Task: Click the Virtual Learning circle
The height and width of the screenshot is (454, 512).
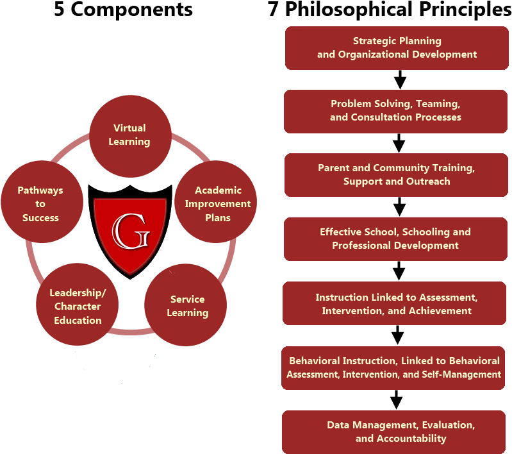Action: (130, 136)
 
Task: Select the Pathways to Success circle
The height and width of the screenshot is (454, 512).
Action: (42, 201)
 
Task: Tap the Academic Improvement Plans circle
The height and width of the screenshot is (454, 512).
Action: (215, 201)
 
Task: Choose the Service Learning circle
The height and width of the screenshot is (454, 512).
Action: (185, 305)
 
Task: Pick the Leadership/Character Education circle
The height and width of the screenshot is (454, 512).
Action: (77, 305)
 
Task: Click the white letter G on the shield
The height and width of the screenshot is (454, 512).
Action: (131, 231)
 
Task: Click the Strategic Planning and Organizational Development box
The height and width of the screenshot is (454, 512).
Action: (397, 48)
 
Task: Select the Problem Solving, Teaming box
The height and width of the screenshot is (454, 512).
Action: (395, 112)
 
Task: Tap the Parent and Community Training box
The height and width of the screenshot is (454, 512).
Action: (396, 175)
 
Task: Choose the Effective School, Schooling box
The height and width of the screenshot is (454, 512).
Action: (395, 239)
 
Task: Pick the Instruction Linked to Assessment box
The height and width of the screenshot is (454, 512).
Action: (395, 303)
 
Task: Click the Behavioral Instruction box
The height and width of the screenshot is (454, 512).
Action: (393, 368)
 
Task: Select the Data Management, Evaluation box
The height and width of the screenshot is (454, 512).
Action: (394, 432)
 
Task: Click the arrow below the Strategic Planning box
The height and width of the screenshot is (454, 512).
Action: (400, 80)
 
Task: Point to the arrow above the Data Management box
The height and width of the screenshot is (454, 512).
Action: (396, 399)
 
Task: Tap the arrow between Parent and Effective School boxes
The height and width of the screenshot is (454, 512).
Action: (399, 206)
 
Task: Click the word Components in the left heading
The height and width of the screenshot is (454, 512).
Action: (131, 10)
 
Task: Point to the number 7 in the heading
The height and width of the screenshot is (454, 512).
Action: (273, 9)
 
